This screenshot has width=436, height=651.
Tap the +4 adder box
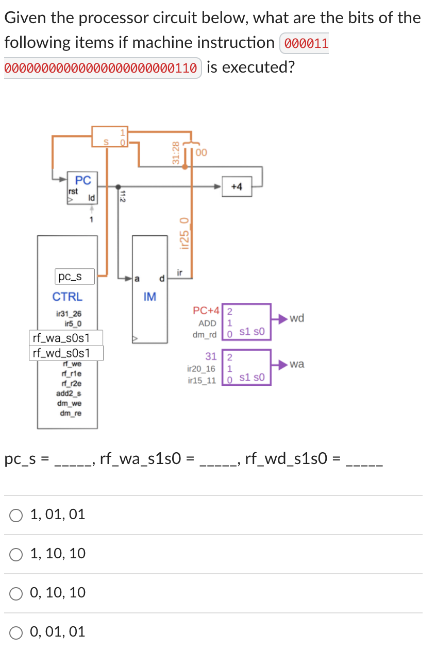point(237,187)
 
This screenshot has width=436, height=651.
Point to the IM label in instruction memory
point(150,297)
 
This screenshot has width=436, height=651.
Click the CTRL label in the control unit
point(67,297)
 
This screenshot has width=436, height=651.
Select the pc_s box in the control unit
point(75,277)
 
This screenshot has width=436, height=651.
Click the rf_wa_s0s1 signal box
point(66,338)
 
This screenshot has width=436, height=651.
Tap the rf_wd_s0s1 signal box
point(66,353)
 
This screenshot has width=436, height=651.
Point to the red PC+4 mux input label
point(206,311)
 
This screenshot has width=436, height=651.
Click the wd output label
point(297,318)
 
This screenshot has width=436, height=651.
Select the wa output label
point(297,364)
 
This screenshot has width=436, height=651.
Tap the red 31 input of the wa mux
point(211,356)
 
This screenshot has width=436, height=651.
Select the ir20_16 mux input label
point(202,369)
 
